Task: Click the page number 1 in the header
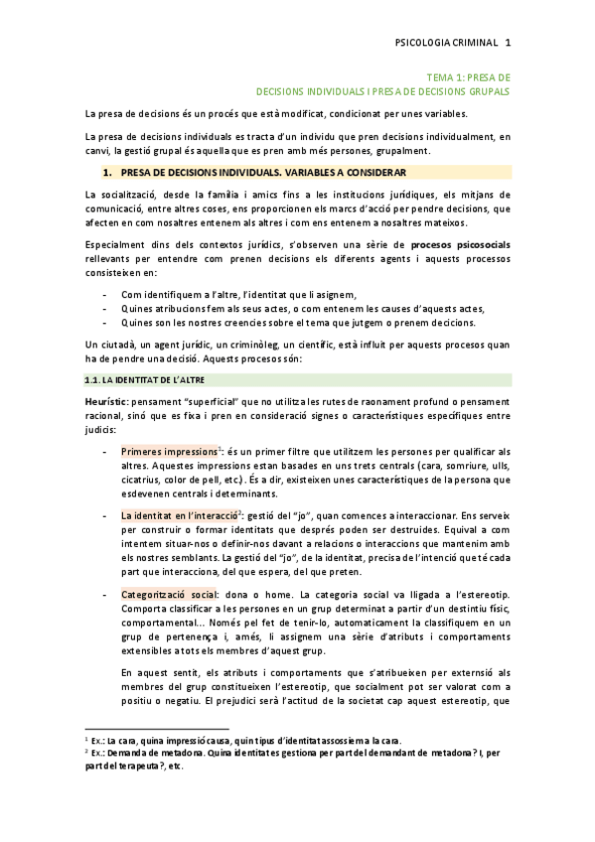coord(508,43)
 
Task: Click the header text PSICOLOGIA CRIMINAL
coord(447,43)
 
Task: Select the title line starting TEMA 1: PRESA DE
coord(468,76)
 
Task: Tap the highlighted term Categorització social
coord(169,593)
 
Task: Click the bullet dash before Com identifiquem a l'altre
coord(106,295)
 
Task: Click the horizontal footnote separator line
coord(143,728)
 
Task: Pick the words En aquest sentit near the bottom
coord(157,671)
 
